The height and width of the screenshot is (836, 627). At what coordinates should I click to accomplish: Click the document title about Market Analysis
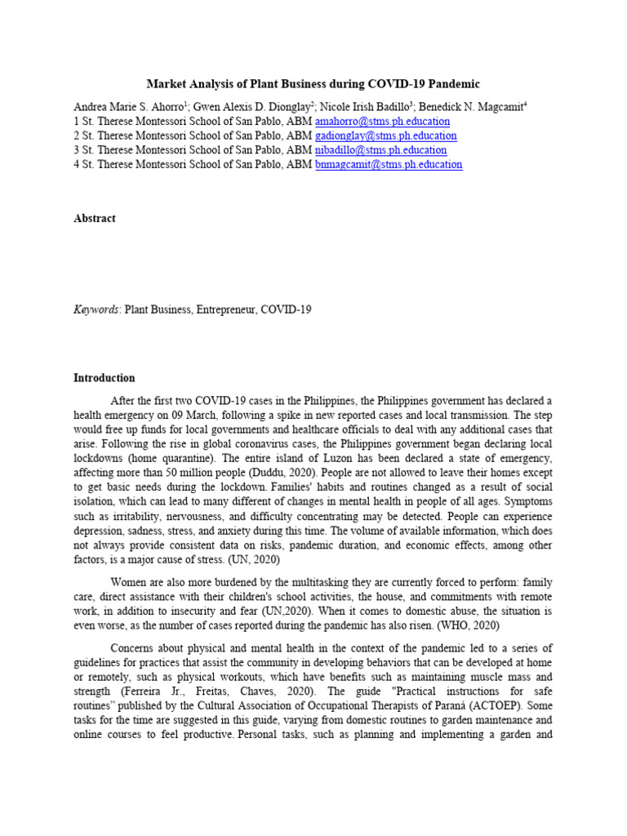pos(313,84)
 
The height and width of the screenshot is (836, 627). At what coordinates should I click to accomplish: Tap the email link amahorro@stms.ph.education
pos(382,122)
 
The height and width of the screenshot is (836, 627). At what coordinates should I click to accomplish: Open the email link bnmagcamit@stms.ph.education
pos(389,164)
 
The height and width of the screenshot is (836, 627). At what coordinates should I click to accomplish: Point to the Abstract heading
pos(95,219)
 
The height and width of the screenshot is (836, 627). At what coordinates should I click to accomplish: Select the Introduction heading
pos(104,378)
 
